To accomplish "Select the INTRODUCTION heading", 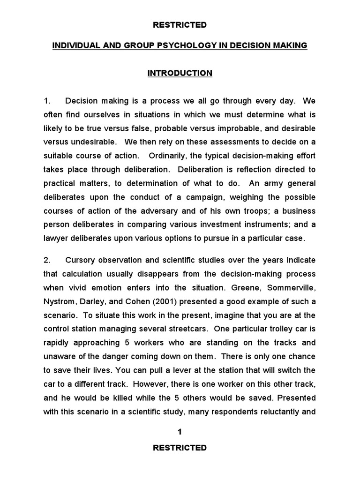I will click(180, 73).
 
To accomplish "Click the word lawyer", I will click(56, 238).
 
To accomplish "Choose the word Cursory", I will click(81, 260).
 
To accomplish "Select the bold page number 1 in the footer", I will click(180, 432).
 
